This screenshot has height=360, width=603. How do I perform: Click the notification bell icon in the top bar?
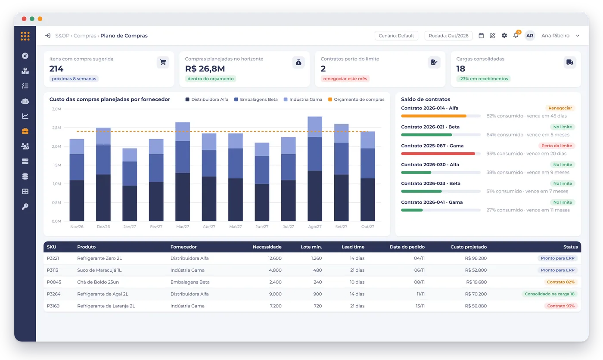click(516, 35)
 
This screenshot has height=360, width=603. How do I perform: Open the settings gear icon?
click(504, 35)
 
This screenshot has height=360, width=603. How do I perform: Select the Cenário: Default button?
click(396, 35)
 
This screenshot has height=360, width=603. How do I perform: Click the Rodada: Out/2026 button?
click(448, 35)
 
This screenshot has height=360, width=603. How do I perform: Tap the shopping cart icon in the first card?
click(163, 62)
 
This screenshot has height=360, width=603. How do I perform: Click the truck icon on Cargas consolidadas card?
click(569, 62)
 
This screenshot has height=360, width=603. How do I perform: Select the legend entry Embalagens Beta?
click(256, 99)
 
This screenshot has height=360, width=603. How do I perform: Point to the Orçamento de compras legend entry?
click(356, 99)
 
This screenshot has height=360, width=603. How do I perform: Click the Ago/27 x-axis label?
click(315, 227)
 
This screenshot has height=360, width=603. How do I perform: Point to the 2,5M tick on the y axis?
click(56, 127)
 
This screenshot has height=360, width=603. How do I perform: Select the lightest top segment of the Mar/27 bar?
click(183, 132)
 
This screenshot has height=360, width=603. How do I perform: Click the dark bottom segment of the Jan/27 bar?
click(130, 203)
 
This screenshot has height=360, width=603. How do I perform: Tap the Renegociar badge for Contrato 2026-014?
click(560, 108)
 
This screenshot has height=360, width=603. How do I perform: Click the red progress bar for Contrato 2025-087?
click(438, 154)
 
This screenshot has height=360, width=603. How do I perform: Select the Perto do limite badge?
click(556, 146)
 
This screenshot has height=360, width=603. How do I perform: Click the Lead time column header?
click(353, 247)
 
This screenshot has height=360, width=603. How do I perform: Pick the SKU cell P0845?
click(54, 282)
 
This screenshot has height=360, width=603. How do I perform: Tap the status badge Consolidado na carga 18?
click(550, 294)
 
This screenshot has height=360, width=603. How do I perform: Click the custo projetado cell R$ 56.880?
click(476, 306)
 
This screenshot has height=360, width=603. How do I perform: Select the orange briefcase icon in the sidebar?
click(25, 131)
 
